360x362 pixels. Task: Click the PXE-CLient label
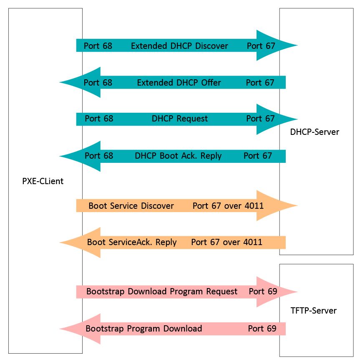tap(43, 182)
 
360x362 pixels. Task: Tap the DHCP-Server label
tap(315, 132)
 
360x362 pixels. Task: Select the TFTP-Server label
tap(313, 310)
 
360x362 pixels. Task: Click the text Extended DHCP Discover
tap(179, 46)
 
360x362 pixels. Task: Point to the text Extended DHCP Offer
tap(179, 83)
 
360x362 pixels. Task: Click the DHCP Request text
tap(179, 119)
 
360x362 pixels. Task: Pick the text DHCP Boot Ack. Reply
tap(178, 156)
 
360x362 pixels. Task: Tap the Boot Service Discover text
tap(131, 206)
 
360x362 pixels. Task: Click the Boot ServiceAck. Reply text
tap(132, 242)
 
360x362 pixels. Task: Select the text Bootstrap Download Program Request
tap(162, 291)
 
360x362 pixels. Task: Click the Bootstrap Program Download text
tap(143, 329)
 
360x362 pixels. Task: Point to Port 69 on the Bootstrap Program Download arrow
tap(262, 329)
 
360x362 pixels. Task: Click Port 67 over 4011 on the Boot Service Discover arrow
tap(228, 206)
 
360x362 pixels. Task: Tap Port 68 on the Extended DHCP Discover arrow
tap(98, 46)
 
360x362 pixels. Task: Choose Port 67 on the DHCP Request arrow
tap(260, 119)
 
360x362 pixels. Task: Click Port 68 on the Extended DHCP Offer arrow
tap(98, 83)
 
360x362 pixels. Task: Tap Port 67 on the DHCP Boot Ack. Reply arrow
tap(257, 156)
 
